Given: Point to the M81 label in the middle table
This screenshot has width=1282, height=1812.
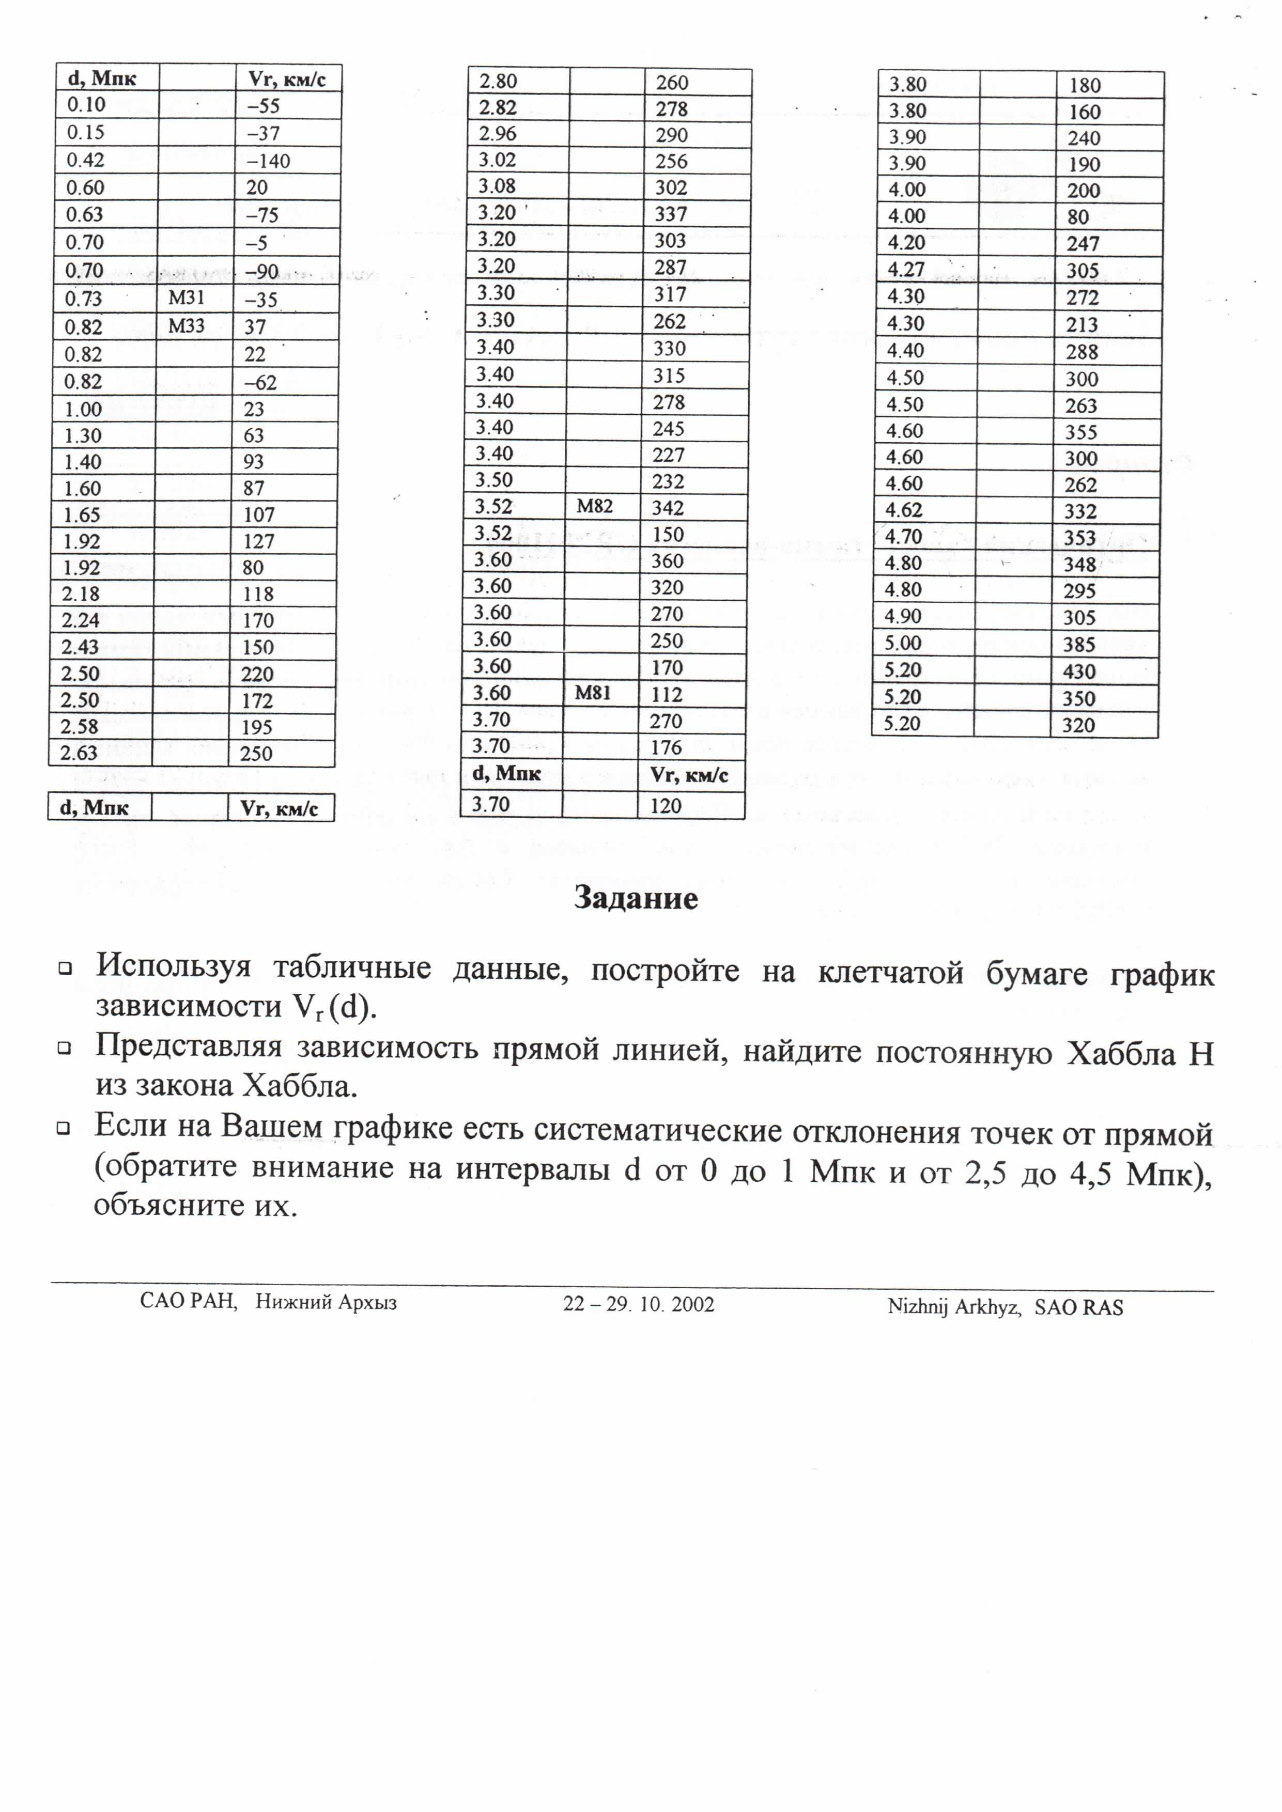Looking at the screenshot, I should (592, 693).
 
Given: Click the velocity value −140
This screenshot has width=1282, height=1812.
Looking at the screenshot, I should (268, 161).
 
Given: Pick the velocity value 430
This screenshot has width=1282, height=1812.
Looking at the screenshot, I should (1078, 671).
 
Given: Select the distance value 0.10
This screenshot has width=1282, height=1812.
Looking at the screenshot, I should (86, 105).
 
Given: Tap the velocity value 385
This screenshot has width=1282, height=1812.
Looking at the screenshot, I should (1078, 645).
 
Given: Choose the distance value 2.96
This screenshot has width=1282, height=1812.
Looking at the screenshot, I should (497, 134).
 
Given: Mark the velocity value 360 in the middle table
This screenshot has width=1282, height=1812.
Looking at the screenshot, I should (667, 561).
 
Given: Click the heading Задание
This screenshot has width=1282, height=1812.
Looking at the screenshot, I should (636, 898).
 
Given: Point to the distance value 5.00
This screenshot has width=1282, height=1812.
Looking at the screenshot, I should (903, 643).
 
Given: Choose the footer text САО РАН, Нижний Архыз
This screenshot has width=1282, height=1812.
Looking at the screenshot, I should (268, 1301).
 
